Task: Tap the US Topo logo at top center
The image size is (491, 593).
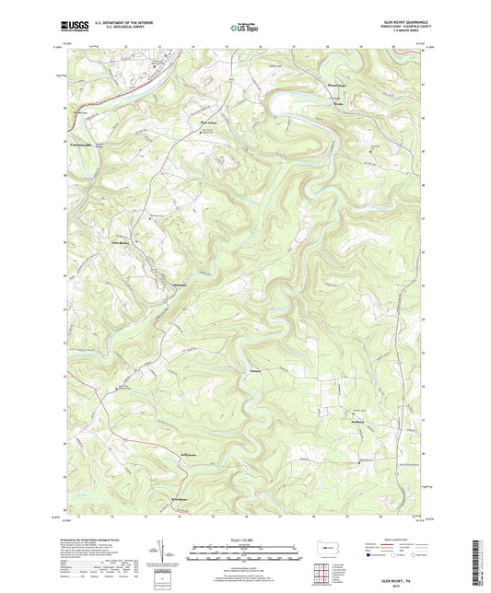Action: pyautogui.click(x=244, y=29)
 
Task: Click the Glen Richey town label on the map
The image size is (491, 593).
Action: pyautogui.click(x=123, y=242)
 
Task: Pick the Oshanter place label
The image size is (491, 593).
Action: pyautogui.click(x=185, y=283)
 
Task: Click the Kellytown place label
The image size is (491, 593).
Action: pyautogui.click(x=188, y=455)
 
